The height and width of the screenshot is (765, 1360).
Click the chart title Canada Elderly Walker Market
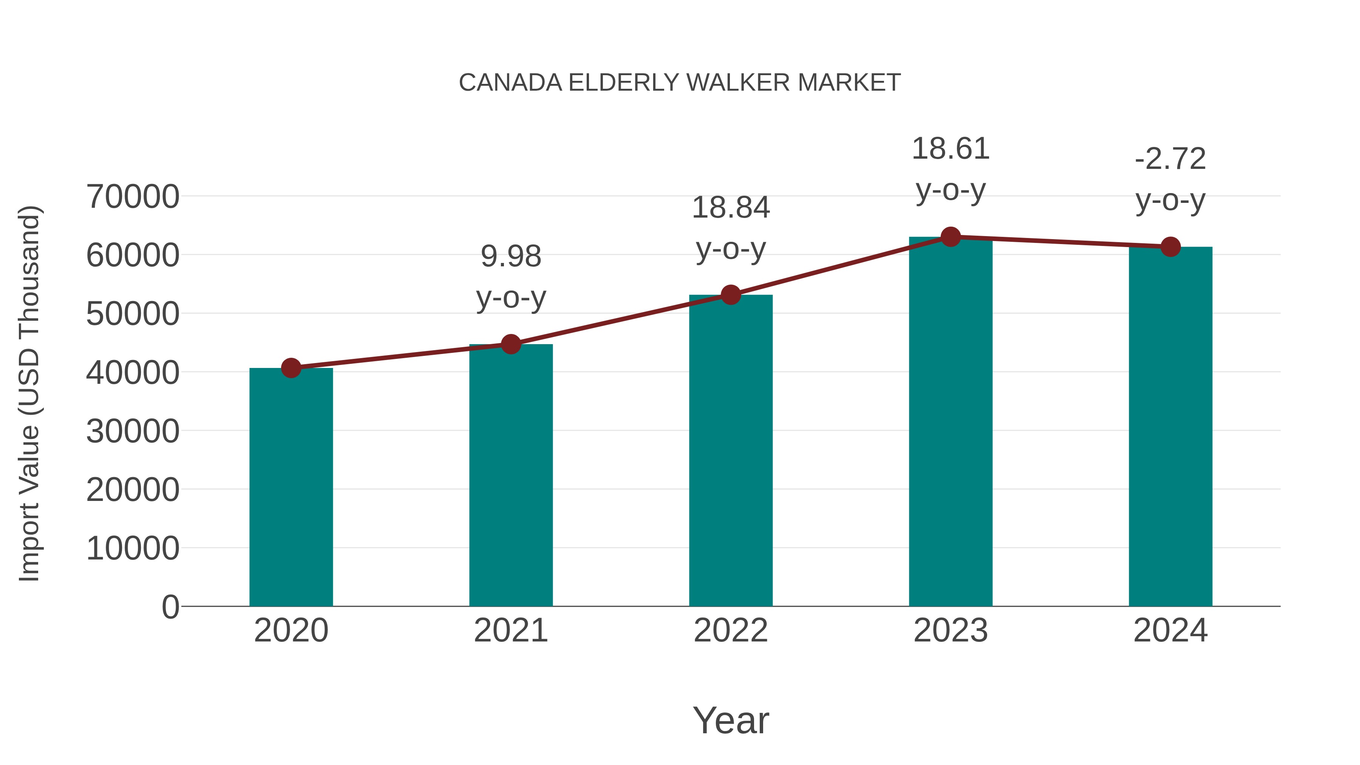click(x=680, y=83)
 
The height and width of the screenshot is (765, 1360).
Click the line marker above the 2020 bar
click(x=291, y=368)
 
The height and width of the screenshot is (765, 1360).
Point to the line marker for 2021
click(x=510, y=344)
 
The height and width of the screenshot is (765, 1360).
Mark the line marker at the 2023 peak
click(x=950, y=237)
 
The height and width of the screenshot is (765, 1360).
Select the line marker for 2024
click(x=1170, y=247)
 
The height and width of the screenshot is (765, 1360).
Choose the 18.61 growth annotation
click(x=950, y=149)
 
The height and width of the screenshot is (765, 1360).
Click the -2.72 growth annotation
click(x=1170, y=159)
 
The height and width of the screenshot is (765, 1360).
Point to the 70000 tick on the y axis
click(x=133, y=197)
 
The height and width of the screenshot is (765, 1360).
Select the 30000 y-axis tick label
click(x=133, y=431)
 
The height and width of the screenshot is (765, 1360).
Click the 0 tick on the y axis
click(x=170, y=607)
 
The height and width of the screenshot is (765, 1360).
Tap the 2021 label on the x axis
click(x=510, y=631)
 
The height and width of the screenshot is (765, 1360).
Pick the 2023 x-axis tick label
click(x=950, y=631)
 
